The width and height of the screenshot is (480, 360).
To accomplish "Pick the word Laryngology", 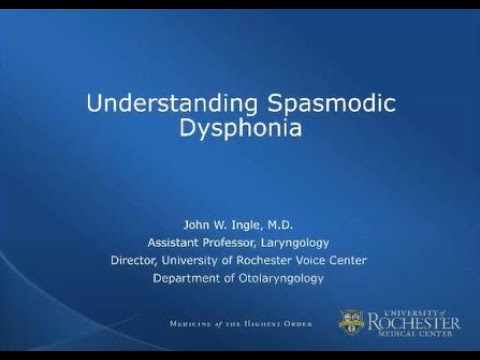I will coord(297,243).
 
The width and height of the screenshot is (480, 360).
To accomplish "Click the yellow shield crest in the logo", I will coord(350,322).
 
